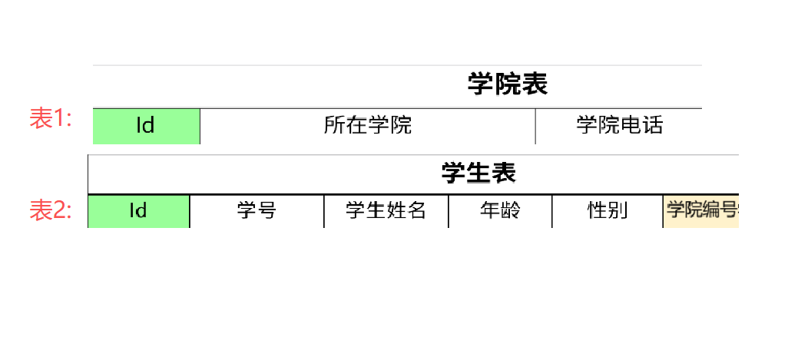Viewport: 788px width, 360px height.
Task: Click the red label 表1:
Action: [x=51, y=118]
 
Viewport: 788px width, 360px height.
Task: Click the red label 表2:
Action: [x=51, y=210]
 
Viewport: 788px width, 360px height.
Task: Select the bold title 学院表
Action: [x=507, y=84]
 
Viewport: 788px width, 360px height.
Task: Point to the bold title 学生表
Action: [x=478, y=173]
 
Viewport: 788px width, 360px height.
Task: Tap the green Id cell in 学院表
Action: [x=146, y=126]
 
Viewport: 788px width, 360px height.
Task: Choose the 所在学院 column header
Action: [x=367, y=126]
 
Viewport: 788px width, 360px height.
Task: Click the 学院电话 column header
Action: [x=619, y=126]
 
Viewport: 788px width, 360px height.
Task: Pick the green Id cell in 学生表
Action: [x=138, y=211]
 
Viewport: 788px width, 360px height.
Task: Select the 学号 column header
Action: [x=257, y=211]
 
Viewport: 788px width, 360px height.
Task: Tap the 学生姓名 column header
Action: [x=386, y=211]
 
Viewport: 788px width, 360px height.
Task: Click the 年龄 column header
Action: [x=500, y=211]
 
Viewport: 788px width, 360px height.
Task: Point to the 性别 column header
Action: [x=608, y=211]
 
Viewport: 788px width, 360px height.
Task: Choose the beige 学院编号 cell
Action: [x=700, y=211]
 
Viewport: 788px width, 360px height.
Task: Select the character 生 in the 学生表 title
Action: [x=478, y=173]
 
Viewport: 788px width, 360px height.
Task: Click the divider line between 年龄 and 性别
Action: [x=551, y=211]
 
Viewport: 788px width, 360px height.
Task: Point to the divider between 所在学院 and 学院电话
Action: [x=535, y=126]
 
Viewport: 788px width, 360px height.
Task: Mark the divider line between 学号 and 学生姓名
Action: [x=324, y=211]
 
